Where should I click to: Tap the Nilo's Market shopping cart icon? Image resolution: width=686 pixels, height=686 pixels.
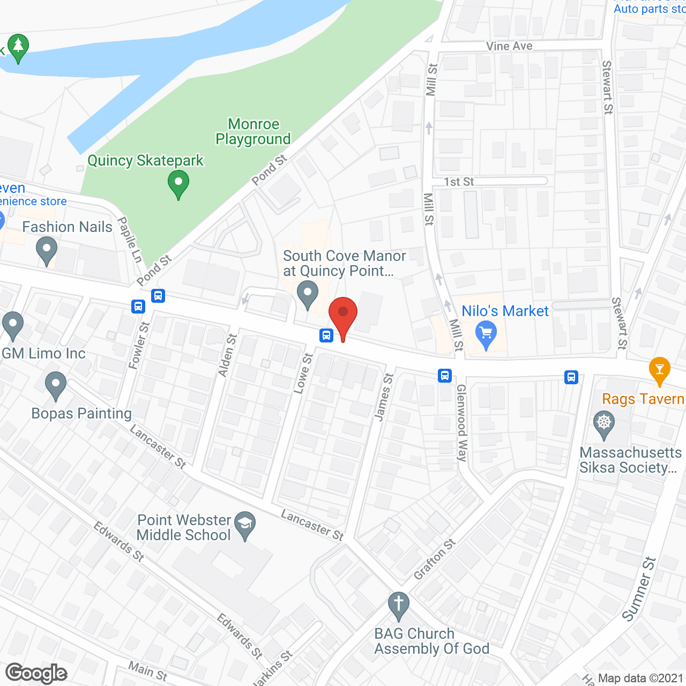pos(486,334)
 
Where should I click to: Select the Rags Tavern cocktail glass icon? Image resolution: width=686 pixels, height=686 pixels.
pos(659,370)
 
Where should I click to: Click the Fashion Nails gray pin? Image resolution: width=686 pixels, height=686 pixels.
pos(47,251)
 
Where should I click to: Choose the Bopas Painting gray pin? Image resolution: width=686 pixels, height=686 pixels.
pos(56,385)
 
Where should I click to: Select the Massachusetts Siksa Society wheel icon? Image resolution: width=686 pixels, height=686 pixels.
pos(604,424)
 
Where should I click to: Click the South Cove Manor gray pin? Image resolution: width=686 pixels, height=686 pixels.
pos(308,295)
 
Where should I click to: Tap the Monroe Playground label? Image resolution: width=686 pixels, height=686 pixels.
pos(253,132)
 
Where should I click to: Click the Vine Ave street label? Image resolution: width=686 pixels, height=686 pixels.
pos(509,46)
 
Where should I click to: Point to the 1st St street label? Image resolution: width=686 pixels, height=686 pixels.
pos(459,182)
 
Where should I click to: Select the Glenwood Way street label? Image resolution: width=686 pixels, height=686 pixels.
pos(461,423)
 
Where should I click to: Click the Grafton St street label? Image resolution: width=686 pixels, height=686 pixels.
pos(435,559)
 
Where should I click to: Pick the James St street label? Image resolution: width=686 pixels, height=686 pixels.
pos(384,397)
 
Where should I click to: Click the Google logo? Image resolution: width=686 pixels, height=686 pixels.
pos(36,673)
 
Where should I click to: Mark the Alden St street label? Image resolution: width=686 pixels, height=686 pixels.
pos(227,355)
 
